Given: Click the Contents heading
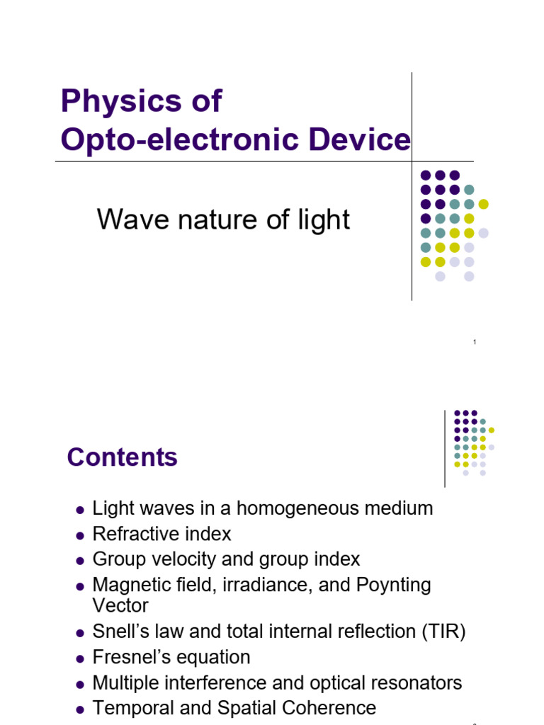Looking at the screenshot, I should pos(122,457).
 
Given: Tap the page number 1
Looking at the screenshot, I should pos(475,343).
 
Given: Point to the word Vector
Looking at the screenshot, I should pos(120,606).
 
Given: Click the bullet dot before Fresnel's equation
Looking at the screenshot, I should pos(79,658).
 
